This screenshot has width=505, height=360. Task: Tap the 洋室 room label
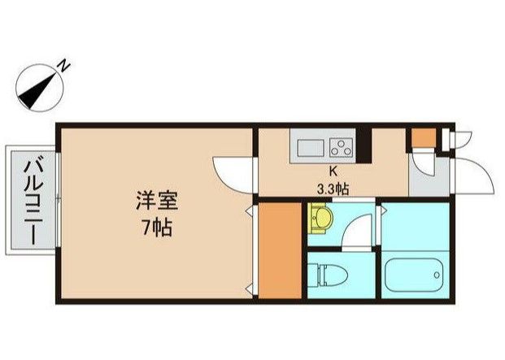(x=157, y=201)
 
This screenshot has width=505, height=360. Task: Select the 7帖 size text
(x=157, y=228)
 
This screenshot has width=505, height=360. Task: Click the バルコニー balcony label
(x=33, y=199)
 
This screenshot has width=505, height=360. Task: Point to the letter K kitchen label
(x=333, y=171)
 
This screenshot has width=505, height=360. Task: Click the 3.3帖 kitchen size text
(x=333, y=189)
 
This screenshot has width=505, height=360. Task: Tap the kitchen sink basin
(x=311, y=149)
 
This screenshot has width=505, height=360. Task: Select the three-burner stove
(x=342, y=147)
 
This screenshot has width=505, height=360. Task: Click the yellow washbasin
(x=320, y=219)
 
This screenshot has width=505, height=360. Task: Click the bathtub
(x=416, y=275)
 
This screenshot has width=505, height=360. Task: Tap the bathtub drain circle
(x=437, y=275)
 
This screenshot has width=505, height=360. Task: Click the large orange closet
(x=280, y=250)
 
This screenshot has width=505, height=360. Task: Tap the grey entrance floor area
(x=429, y=180)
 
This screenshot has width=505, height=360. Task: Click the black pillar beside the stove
(x=366, y=145)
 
